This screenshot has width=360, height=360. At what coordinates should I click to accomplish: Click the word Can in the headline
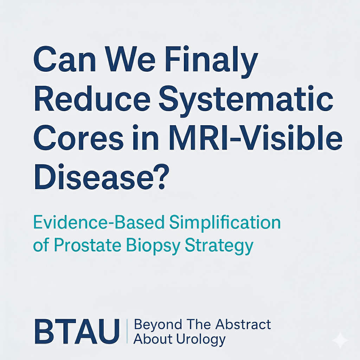pyautogui.click(x=65, y=59)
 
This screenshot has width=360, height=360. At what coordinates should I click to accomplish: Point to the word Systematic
pyautogui.click(x=246, y=101)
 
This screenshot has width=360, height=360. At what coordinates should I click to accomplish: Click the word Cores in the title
pyautogui.click(x=78, y=138)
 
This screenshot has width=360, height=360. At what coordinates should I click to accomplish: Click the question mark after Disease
pyautogui.click(x=162, y=176)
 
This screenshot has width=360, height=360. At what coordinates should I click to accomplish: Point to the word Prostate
pyautogui.click(x=88, y=245)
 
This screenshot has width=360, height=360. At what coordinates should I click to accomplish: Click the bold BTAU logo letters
pyautogui.click(x=77, y=331)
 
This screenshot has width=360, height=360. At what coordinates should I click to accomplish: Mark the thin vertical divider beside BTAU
pyautogui.click(x=127, y=331)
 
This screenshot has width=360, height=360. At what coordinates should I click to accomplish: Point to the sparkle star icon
pyautogui.click(x=340, y=340)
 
